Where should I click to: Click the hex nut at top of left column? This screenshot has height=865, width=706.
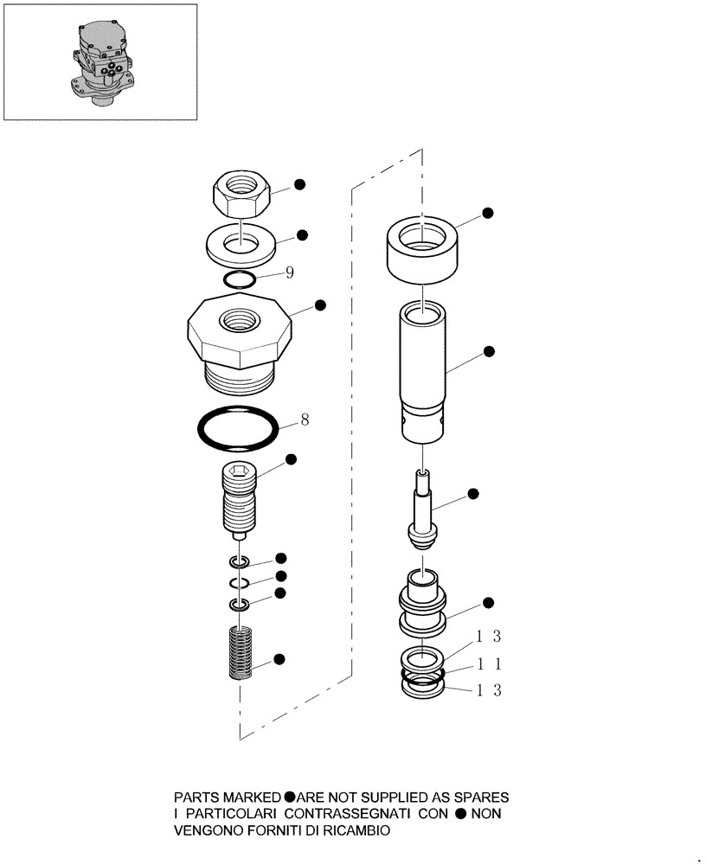[x=242, y=196]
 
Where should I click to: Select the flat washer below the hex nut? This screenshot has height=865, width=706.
[x=241, y=246]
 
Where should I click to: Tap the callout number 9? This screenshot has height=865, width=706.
[x=290, y=272]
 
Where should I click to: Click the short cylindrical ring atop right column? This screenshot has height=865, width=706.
[x=421, y=249]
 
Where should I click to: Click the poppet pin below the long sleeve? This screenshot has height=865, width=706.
[x=422, y=510]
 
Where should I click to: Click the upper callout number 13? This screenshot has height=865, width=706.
[x=485, y=638]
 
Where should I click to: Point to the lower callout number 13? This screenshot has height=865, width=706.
[x=485, y=689]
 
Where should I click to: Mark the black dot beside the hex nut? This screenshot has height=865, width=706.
[x=299, y=184]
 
